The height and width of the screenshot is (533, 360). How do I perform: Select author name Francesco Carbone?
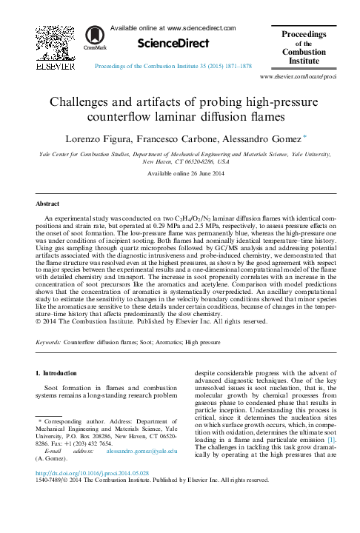tap(172, 138)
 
